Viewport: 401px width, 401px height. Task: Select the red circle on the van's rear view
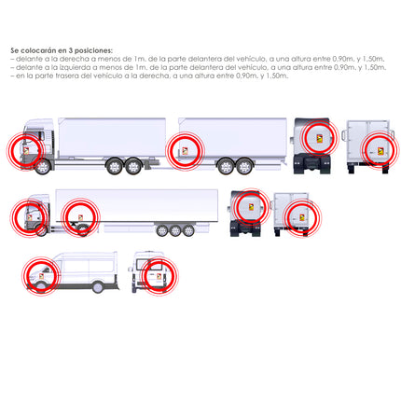(159, 276)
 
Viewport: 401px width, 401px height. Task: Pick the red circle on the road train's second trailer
(185, 149)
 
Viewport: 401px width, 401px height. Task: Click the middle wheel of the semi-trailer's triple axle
(174, 230)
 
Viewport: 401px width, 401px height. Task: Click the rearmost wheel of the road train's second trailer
(244, 168)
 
